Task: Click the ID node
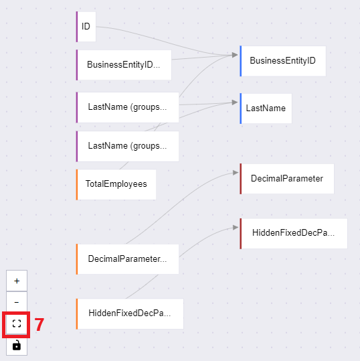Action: (x=86, y=27)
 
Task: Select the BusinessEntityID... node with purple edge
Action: (x=124, y=65)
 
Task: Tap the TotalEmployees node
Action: (x=116, y=185)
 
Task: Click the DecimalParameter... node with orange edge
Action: (x=127, y=259)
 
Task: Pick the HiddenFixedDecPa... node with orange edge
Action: (x=130, y=314)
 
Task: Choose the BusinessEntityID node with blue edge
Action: (x=282, y=61)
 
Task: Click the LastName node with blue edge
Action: (x=266, y=109)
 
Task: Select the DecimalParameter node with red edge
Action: (x=287, y=179)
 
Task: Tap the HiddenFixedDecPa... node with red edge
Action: (x=294, y=234)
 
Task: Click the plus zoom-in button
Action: (x=17, y=281)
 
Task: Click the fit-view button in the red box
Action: (x=17, y=323)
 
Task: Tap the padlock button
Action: (x=17, y=345)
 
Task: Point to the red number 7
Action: (x=39, y=325)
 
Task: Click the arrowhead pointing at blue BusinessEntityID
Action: (x=235, y=55)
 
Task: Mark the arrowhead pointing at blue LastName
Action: (x=235, y=102)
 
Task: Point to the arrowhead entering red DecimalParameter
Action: (x=236, y=173)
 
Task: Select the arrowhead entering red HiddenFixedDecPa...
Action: (x=236, y=228)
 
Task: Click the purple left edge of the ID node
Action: (x=77, y=27)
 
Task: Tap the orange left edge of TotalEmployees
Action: (x=77, y=185)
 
